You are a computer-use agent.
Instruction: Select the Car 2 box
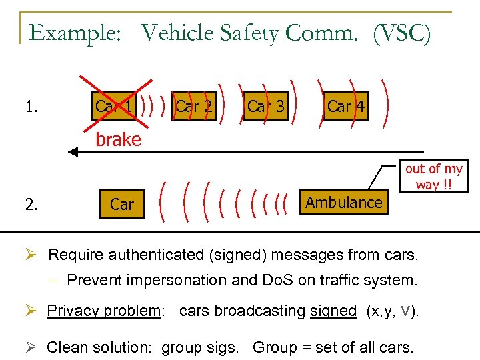click(x=193, y=106)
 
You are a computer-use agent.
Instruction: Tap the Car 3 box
click(x=265, y=106)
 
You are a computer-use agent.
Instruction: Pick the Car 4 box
click(x=345, y=106)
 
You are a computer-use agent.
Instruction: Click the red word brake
click(x=118, y=139)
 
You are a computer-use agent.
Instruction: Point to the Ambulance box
click(x=344, y=203)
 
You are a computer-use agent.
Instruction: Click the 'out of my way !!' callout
click(x=433, y=177)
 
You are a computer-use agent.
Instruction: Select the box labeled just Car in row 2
click(x=122, y=205)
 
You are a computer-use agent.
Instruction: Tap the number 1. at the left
click(x=30, y=106)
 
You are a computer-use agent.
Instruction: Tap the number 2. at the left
click(x=31, y=205)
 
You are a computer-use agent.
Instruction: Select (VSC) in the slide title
click(x=402, y=33)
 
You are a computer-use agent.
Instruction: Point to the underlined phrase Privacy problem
click(x=104, y=311)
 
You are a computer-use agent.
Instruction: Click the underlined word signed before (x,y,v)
click(x=333, y=311)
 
